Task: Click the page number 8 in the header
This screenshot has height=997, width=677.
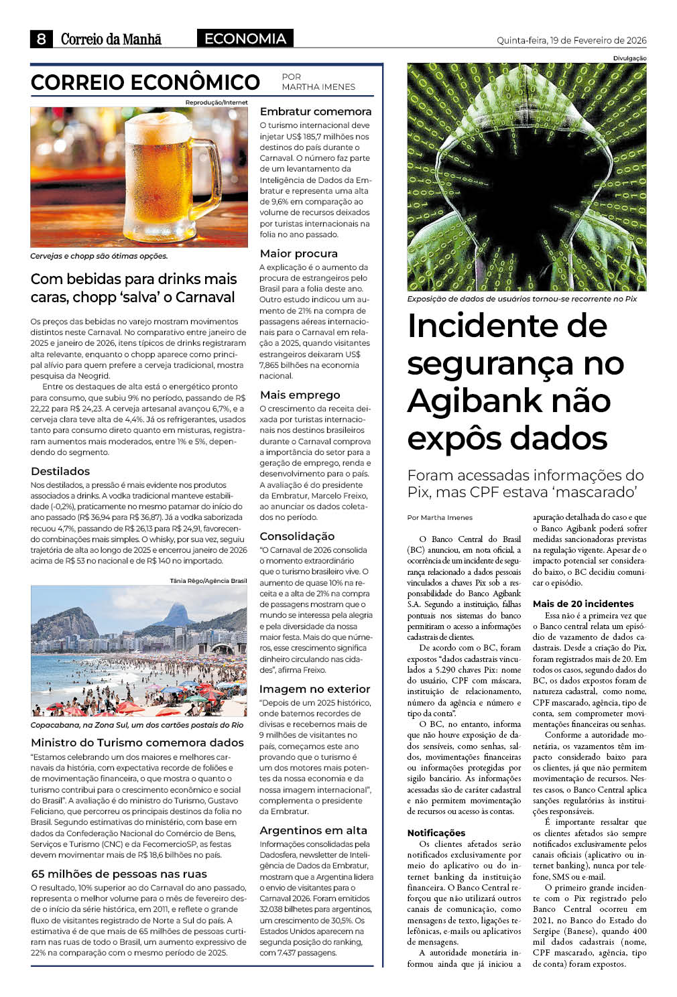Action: click(42, 39)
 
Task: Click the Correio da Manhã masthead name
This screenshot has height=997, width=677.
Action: click(111, 40)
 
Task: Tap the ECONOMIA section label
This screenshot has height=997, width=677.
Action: click(245, 39)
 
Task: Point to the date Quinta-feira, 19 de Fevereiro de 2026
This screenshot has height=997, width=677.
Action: click(571, 40)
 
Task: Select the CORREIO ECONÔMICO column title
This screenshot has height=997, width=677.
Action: click(145, 82)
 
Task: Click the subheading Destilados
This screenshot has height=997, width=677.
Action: click(60, 471)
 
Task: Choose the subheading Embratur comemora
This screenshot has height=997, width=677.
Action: click(315, 111)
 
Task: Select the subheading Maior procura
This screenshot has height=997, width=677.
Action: click(298, 253)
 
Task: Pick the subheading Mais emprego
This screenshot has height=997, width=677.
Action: click(300, 395)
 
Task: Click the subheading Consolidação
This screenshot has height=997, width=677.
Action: click(297, 536)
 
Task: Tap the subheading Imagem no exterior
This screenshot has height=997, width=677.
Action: click(314, 689)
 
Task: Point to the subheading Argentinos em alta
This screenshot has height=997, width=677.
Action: click(313, 830)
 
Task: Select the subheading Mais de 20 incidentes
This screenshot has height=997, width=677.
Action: click(582, 604)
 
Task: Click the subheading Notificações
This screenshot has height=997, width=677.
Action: click(436, 833)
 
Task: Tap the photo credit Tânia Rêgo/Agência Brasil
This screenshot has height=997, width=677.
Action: click(208, 581)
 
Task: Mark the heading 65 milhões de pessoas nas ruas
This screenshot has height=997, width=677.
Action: click(119, 874)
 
